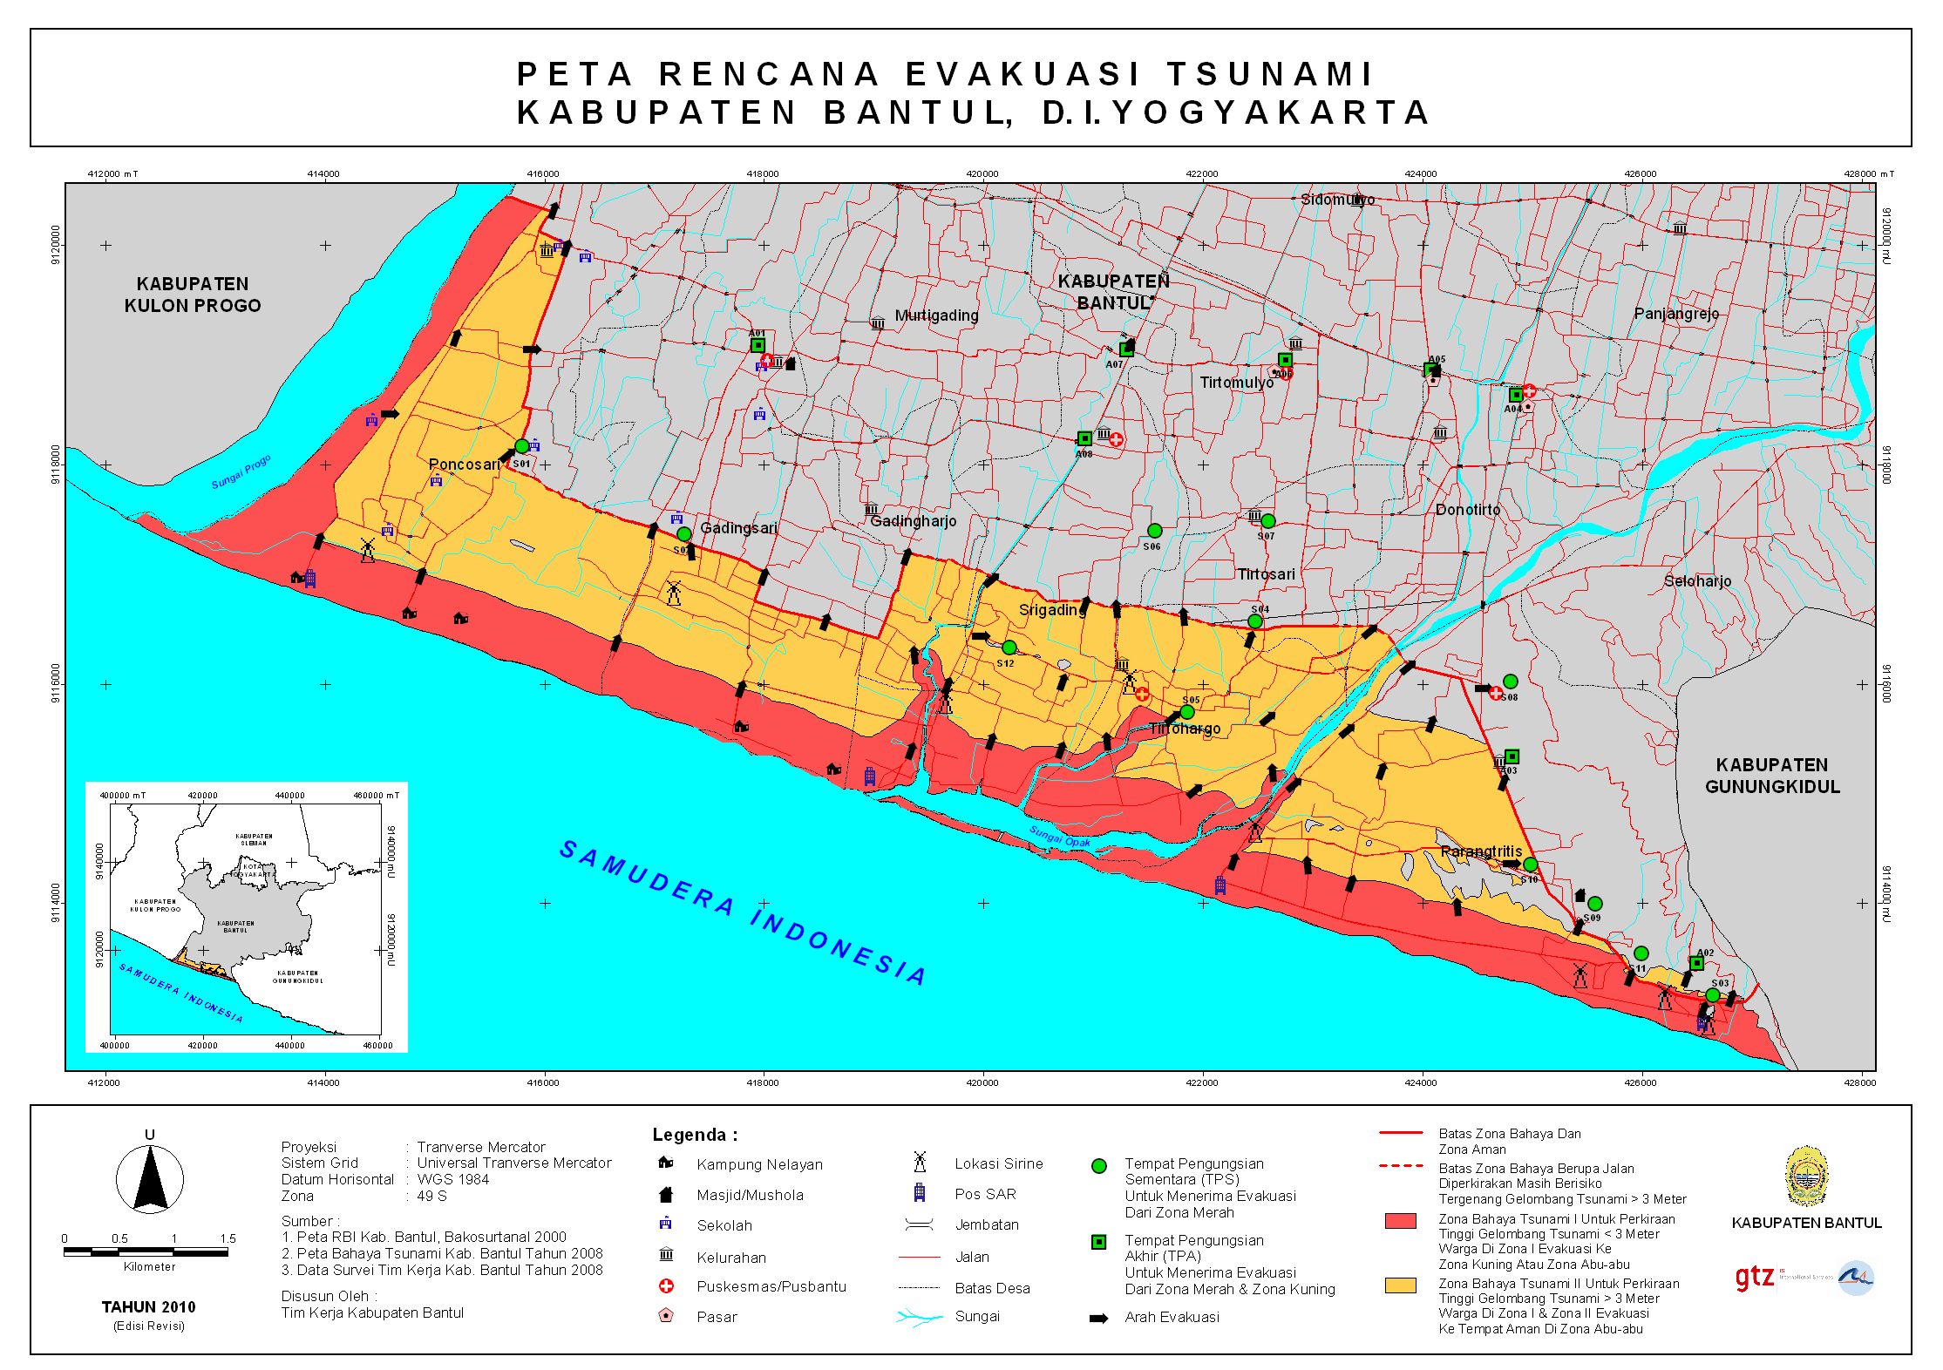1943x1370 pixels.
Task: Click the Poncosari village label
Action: (x=464, y=465)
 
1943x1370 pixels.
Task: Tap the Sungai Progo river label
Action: (x=241, y=471)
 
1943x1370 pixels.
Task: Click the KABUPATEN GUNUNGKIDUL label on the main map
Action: (x=1771, y=776)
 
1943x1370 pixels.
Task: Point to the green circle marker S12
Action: (x=1009, y=648)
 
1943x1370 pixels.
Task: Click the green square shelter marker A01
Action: (x=758, y=345)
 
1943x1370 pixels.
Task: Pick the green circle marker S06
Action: (x=1154, y=531)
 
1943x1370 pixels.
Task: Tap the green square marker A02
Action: (x=1695, y=963)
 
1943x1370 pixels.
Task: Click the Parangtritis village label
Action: (x=1481, y=851)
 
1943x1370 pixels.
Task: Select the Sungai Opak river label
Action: (x=1059, y=837)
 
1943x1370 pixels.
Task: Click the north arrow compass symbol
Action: (x=150, y=1179)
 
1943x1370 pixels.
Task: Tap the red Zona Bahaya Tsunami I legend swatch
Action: (x=1400, y=1221)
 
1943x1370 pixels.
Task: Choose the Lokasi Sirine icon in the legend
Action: (x=918, y=1162)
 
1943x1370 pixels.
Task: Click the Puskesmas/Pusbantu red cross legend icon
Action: (x=666, y=1286)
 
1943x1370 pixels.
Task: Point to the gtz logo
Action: (x=1754, y=1278)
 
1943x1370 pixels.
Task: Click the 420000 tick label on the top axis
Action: (x=982, y=173)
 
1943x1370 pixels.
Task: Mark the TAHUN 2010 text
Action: (x=148, y=1306)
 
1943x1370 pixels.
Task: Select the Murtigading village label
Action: (x=936, y=315)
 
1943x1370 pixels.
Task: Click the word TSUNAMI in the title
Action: (x=1269, y=74)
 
